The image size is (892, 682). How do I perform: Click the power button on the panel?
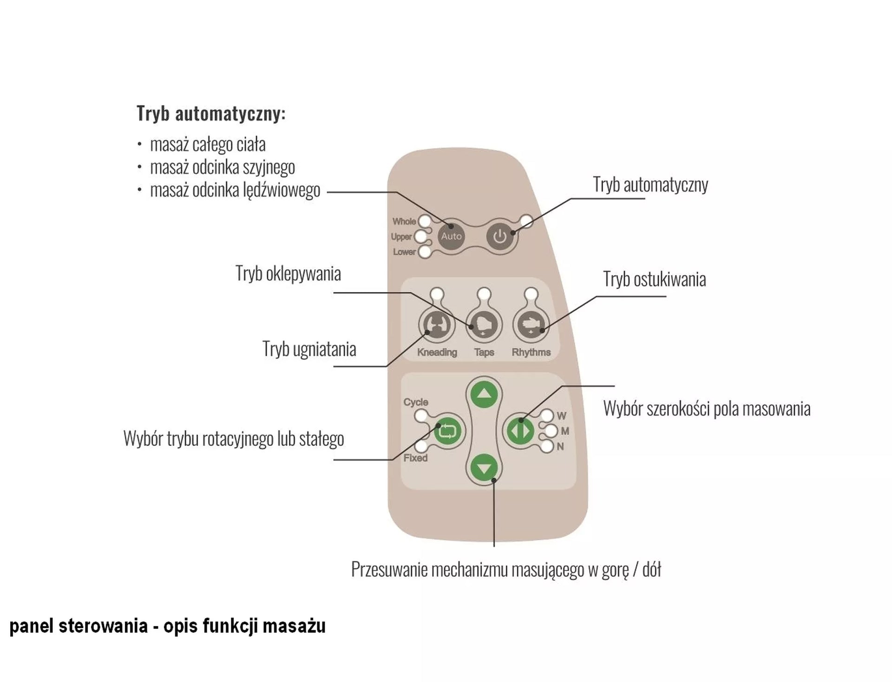500,237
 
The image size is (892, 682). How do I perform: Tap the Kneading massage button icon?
437,325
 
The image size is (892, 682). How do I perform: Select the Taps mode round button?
484,325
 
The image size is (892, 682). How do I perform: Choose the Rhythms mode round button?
531,325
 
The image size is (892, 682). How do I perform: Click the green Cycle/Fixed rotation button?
448,430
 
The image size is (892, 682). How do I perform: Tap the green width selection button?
520,430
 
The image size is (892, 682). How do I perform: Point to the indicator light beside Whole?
425,221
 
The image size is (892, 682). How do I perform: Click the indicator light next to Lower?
425,252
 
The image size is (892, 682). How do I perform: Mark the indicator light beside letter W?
547,415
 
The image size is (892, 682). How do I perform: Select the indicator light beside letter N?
547,447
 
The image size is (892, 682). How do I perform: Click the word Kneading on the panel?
437,352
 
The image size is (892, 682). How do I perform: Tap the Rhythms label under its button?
531,352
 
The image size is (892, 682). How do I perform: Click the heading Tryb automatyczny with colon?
211,114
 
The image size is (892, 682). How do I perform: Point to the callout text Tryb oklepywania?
288,273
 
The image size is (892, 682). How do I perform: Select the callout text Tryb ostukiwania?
654,279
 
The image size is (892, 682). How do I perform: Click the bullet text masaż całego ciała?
208,144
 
